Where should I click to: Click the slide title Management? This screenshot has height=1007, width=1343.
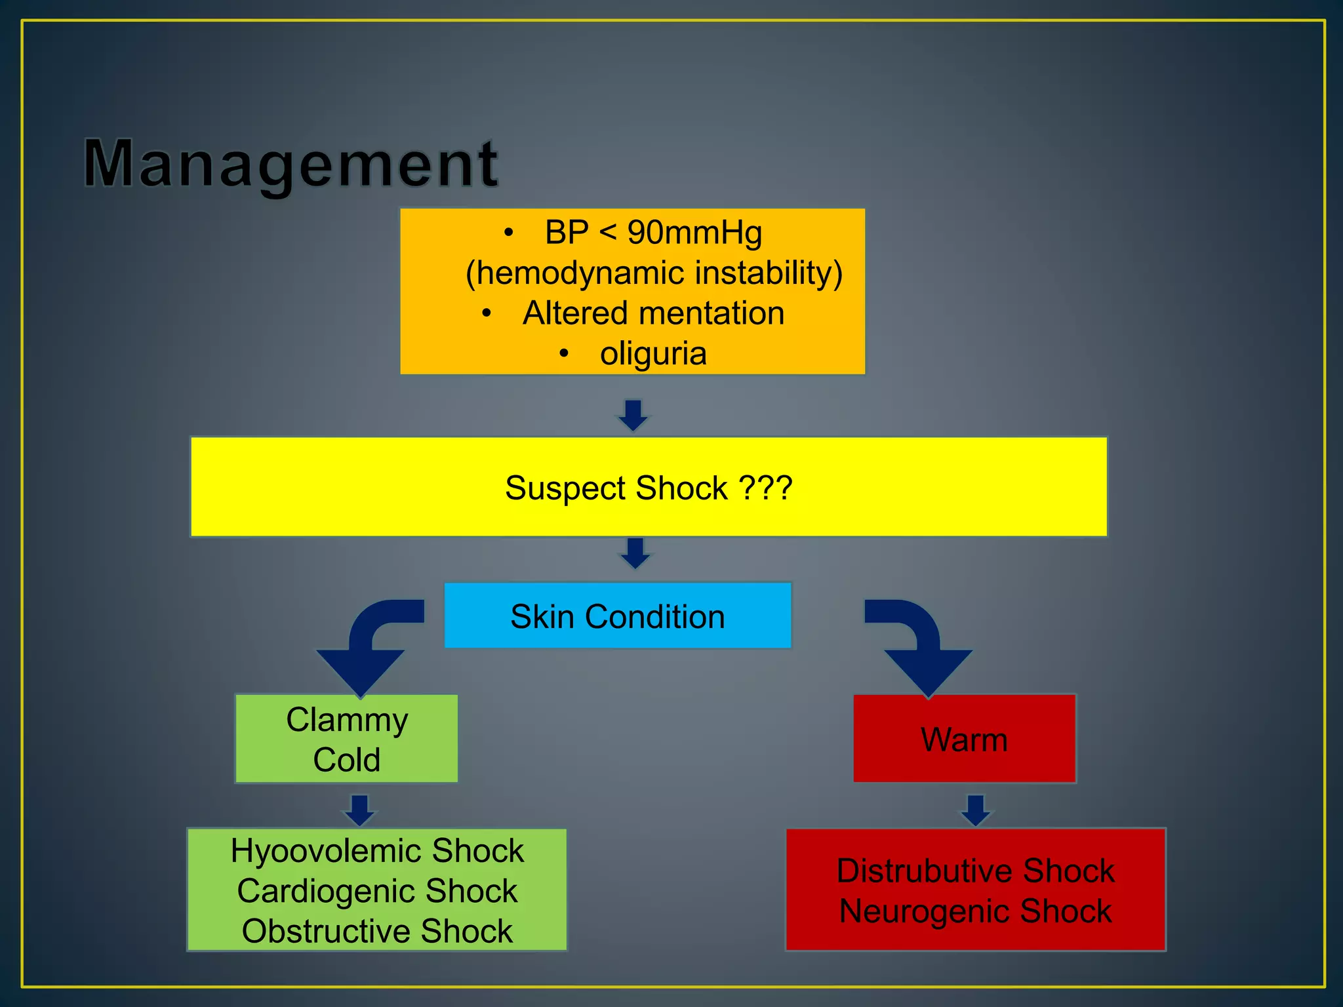291,164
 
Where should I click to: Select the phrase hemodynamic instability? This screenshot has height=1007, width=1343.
654,273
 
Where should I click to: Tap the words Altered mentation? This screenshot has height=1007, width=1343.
653,313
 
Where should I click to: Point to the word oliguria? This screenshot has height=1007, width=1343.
653,354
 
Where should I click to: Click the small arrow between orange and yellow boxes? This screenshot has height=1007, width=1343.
633,415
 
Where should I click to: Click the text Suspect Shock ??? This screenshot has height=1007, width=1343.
649,488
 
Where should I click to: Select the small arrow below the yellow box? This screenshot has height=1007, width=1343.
635,553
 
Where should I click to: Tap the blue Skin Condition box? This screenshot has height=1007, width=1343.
617,616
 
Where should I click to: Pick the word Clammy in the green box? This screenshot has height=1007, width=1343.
347,721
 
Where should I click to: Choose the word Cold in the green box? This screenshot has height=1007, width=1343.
347,760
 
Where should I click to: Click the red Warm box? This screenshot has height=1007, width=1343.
964,740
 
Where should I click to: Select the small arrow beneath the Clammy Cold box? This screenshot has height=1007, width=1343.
360,810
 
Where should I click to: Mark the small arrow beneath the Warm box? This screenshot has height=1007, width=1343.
976,810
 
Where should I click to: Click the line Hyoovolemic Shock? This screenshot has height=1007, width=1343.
377,851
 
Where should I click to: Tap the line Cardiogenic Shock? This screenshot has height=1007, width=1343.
377,892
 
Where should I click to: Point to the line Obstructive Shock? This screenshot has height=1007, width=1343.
377,932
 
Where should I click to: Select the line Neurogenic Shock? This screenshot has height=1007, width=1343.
975,911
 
